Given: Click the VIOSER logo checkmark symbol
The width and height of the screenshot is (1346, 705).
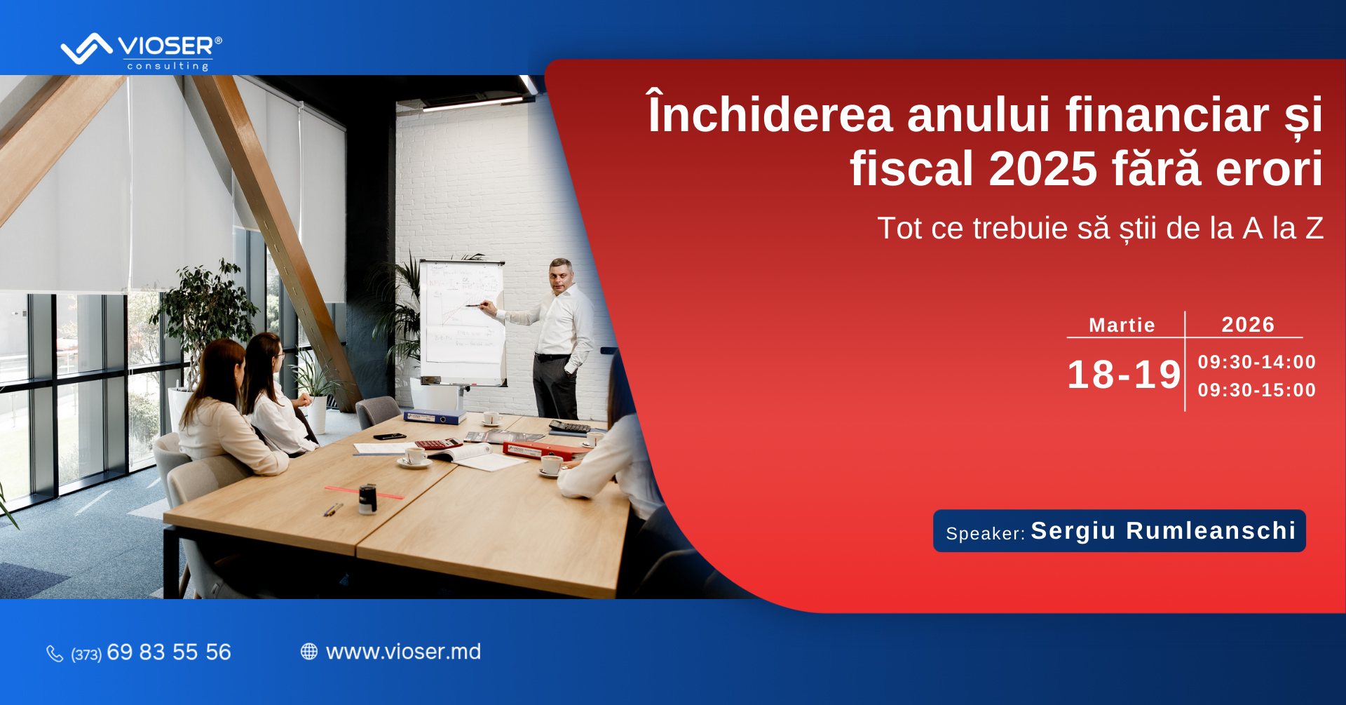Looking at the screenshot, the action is pyautogui.click(x=86, y=49).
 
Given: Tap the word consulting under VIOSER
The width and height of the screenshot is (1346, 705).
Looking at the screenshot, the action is pyautogui.click(x=168, y=66).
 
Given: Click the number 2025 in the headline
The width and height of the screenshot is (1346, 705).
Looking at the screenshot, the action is pyautogui.click(x=1042, y=169).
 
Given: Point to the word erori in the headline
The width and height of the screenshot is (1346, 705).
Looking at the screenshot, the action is pyautogui.click(x=1269, y=169).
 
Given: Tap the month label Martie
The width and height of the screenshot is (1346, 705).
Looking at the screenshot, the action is pyautogui.click(x=1122, y=325).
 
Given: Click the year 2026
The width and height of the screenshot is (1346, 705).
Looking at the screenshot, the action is pyautogui.click(x=1248, y=324).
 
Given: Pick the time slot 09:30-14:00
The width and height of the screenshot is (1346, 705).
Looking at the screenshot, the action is pyautogui.click(x=1257, y=362).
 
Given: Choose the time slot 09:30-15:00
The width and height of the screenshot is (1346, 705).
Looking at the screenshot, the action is pyautogui.click(x=1257, y=390).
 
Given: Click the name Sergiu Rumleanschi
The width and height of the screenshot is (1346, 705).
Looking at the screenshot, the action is pyautogui.click(x=1163, y=531).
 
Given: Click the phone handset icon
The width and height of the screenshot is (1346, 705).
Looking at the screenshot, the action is pyautogui.click(x=55, y=654).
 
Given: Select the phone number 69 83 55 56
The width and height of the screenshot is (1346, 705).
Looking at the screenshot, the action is pyautogui.click(x=169, y=652).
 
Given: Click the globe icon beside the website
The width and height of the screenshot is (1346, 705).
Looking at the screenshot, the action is pyautogui.click(x=309, y=652).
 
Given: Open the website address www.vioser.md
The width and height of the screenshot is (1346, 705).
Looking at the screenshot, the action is pyautogui.click(x=404, y=652).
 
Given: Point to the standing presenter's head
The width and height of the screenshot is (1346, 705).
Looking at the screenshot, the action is pyautogui.click(x=562, y=275).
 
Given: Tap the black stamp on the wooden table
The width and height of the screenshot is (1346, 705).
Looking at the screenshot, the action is pyautogui.click(x=367, y=499).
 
